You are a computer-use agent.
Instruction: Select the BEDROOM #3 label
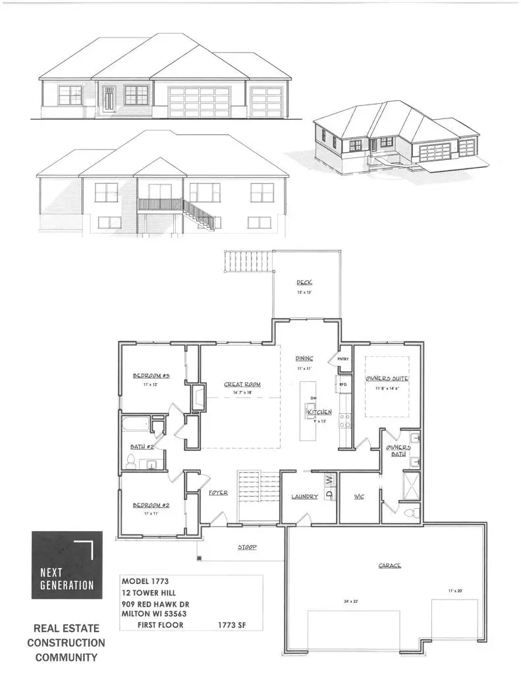pyautogui.click(x=151, y=376)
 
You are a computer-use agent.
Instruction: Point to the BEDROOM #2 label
pyautogui.click(x=151, y=505)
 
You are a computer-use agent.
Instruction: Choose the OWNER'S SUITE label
pyautogui.click(x=388, y=379)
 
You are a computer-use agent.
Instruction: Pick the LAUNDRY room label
pyautogui.click(x=305, y=496)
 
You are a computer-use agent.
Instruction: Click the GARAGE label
pyautogui.click(x=389, y=565)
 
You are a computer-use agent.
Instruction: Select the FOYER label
pyautogui.click(x=218, y=492)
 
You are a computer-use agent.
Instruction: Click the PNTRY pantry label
pyautogui.click(x=343, y=359)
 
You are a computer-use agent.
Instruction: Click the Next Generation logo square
pyautogui.click(x=67, y=564)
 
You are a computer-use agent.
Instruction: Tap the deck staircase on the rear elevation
pyautogui.click(x=199, y=214)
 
